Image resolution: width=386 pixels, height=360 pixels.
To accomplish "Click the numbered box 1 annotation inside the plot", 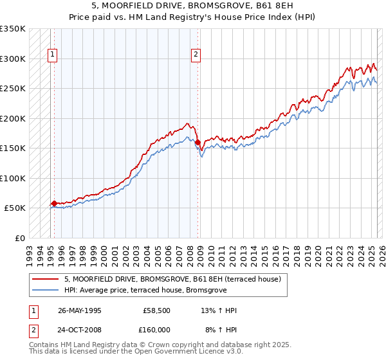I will tap(52, 55).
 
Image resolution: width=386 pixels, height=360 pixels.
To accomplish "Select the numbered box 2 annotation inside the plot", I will tap(195, 55).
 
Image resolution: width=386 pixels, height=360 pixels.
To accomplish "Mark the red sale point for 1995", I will tap(54, 203).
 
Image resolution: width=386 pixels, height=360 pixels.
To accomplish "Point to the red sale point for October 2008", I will tap(198, 143).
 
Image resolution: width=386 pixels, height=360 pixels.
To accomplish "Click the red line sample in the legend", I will tap(45, 280).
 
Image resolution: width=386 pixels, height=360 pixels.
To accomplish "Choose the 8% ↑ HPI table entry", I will tap(221, 330).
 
